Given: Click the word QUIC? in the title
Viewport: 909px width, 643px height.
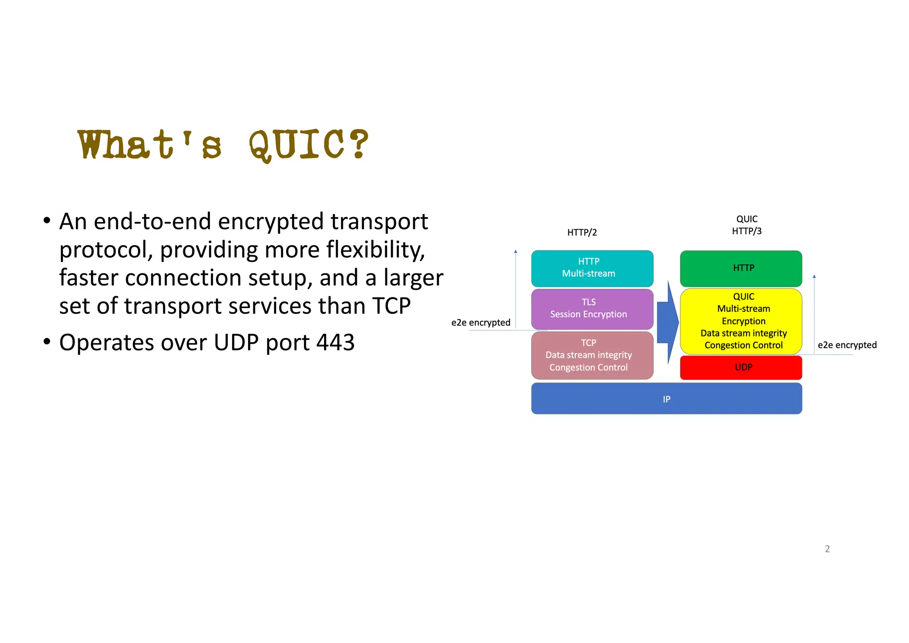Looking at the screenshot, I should click(x=308, y=145).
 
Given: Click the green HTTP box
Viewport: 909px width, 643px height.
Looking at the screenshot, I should click(x=741, y=268).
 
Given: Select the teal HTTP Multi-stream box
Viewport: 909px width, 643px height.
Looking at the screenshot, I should click(x=592, y=268).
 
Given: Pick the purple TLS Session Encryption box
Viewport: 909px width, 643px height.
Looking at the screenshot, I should click(x=592, y=309).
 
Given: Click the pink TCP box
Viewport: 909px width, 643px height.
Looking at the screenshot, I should click(x=592, y=355).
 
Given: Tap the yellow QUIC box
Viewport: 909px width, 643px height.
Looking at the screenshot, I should click(x=741, y=321).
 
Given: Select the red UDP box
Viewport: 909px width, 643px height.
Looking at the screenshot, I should click(x=741, y=367).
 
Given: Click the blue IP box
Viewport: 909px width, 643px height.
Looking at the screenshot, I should click(x=666, y=399).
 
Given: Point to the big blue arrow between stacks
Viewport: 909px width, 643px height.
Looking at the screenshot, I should click(x=667, y=322).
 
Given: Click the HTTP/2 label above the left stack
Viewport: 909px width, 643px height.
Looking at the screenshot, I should click(x=582, y=232).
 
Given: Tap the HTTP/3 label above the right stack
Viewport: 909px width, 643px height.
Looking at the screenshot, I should click(x=747, y=231).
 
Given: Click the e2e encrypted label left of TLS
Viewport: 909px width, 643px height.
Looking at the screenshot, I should click(x=481, y=322).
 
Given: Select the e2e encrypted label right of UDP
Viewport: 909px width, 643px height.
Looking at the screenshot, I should click(x=847, y=345).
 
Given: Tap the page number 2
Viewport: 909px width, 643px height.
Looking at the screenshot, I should click(x=827, y=549).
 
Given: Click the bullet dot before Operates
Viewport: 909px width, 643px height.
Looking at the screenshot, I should click(x=47, y=342).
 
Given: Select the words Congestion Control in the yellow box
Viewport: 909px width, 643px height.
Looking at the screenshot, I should click(x=743, y=345).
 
